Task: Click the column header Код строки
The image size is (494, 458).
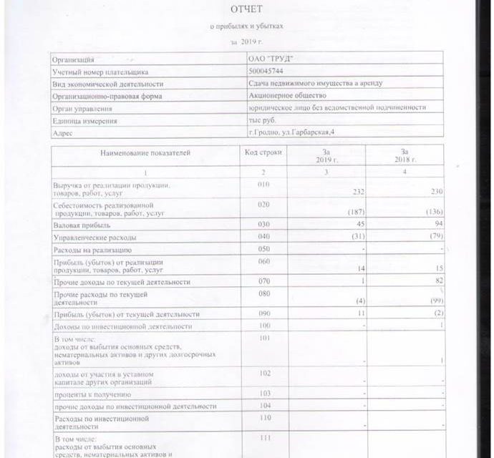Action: coord(263,152)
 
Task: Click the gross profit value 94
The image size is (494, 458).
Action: coord(437,224)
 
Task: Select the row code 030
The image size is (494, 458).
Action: coord(263,224)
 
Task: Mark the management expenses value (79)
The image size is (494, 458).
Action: coord(433,236)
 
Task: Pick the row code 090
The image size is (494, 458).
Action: coord(263,313)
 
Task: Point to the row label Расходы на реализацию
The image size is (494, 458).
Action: coord(91,250)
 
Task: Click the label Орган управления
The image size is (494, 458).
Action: coord(83,108)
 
